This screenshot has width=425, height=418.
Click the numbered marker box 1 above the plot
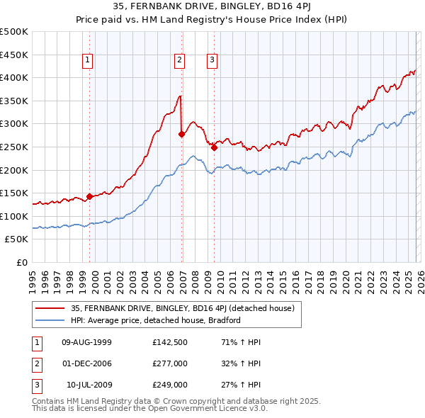coord(87,61)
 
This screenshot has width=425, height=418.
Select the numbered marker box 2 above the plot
coord(180,61)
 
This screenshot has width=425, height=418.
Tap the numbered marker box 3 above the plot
coord(212,61)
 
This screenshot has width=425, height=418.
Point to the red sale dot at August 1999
coord(90,196)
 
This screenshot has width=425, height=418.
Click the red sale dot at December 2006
coord(182,134)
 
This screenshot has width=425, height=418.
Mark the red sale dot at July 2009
coord(214,147)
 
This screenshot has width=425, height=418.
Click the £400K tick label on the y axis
coord(14,77)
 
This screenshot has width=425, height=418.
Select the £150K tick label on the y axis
coord(14,193)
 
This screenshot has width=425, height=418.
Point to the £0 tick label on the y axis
coord(21,262)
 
